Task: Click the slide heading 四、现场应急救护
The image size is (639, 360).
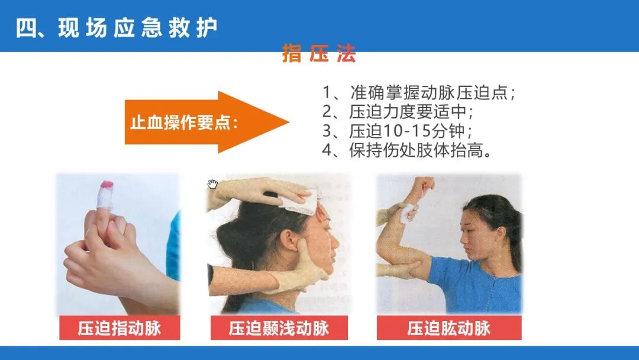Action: [117, 28]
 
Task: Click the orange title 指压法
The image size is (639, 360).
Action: [319, 53]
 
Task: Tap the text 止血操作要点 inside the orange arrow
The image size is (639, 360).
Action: [184, 123]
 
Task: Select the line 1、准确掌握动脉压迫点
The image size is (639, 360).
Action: [418, 92]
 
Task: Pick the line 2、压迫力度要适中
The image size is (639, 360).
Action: [398, 112]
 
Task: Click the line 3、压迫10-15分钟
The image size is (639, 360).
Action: [397, 131]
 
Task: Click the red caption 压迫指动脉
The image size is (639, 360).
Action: [120, 328]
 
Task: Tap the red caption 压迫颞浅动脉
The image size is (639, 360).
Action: [279, 328]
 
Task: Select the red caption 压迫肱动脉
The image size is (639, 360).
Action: [449, 328]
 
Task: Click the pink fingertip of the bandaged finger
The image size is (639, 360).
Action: [106, 184]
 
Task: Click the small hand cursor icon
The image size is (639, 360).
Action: [212, 184]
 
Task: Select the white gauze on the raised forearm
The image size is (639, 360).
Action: [408, 212]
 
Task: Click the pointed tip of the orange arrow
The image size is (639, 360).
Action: [289, 122]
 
